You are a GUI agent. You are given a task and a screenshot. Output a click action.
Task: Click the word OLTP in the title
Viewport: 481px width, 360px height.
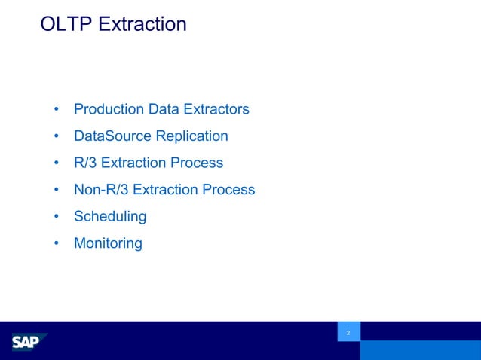click(x=66, y=24)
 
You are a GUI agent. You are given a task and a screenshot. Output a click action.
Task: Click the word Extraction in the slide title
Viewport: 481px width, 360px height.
click(x=142, y=24)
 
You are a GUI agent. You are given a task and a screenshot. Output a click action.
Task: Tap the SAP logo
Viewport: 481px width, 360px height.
click(x=28, y=343)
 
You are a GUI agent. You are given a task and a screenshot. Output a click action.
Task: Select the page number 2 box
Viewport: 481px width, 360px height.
click(x=348, y=332)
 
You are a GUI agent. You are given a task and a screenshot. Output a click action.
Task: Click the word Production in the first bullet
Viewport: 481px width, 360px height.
click(x=109, y=109)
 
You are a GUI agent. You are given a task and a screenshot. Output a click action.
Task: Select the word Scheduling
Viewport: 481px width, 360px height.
click(x=110, y=217)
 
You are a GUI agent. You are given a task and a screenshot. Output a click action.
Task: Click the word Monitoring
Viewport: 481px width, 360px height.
click(x=108, y=243)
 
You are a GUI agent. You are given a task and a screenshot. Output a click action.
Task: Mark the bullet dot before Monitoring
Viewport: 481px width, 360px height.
click(x=57, y=244)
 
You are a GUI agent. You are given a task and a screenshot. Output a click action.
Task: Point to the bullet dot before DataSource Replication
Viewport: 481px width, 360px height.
click(x=57, y=137)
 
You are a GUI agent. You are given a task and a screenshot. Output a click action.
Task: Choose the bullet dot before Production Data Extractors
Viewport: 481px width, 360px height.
click(x=57, y=110)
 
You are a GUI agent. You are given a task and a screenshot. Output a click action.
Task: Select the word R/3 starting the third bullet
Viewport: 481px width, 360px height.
click(x=85, y=163)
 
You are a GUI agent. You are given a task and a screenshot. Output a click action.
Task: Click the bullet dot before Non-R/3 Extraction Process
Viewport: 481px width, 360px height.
click(x=57, y=191)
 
